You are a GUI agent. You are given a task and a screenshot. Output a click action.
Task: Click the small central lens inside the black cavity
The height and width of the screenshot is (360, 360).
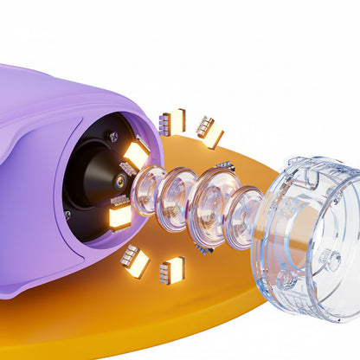[118, 181]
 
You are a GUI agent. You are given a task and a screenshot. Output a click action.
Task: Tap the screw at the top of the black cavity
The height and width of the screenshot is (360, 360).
[112, 135]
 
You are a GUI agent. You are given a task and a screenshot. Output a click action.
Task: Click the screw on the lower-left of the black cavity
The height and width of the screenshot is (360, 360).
[67, 215]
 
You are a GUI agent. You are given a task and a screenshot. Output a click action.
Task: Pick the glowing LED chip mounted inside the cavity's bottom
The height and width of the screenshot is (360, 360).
[119, 216]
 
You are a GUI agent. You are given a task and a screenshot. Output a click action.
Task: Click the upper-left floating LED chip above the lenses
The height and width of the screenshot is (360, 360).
[172, 122]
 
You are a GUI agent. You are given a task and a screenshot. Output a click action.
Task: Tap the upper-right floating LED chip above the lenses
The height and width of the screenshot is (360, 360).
[209, 132]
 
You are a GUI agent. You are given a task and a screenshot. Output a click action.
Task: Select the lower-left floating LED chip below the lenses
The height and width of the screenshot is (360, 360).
[134, 260]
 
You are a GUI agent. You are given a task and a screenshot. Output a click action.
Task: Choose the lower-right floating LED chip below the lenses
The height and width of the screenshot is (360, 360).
[172, 271]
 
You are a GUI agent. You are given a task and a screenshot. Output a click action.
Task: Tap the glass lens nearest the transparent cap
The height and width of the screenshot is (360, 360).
[243, 218]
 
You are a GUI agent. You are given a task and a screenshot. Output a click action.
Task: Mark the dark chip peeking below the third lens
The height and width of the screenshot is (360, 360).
[204, 249]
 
